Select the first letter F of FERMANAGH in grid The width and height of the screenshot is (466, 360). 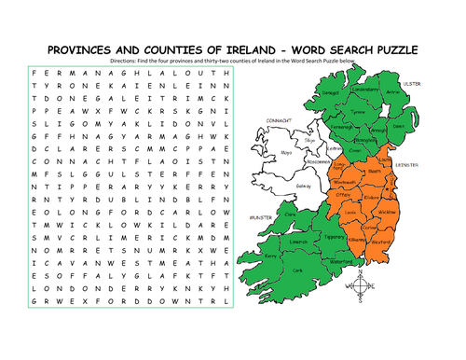click(x=35, y=72)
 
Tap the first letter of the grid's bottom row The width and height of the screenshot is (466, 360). click(x=35, y=326)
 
